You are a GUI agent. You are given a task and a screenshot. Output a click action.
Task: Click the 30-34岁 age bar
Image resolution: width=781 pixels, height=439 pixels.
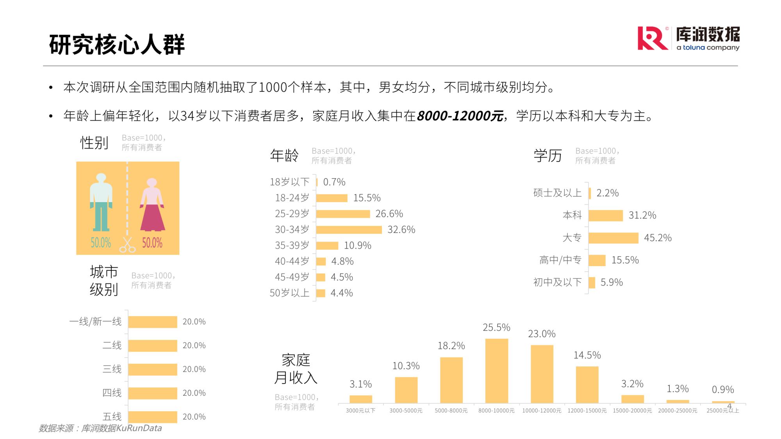349,230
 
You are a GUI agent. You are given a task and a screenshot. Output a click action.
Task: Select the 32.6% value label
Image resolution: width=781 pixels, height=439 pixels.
401,230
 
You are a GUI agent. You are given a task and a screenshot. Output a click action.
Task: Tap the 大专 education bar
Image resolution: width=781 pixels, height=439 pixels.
613,238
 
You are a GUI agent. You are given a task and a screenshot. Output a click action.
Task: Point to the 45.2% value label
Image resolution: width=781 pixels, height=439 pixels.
658,238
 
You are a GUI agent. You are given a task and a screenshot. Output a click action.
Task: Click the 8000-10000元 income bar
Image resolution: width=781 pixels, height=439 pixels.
496,371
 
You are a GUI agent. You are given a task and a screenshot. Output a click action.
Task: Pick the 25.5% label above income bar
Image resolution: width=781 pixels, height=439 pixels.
496,327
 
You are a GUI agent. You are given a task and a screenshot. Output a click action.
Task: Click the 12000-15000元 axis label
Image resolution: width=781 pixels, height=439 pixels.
587,411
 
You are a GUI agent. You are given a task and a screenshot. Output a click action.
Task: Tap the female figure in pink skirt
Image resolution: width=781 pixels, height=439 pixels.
152,205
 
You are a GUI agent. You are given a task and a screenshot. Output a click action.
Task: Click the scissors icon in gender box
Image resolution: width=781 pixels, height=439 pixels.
127,245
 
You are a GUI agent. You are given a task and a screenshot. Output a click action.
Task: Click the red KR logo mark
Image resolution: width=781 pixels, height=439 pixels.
652,38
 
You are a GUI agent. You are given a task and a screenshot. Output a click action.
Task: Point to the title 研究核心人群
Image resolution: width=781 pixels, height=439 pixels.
117,44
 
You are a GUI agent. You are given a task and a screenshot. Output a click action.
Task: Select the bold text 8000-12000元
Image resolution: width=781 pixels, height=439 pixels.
460,116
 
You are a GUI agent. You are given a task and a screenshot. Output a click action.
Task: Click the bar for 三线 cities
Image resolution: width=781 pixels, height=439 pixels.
153,369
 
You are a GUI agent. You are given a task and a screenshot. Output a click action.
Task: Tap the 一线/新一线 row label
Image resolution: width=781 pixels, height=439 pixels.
96,322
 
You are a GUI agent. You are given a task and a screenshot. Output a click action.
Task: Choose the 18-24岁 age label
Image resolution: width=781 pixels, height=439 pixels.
292,198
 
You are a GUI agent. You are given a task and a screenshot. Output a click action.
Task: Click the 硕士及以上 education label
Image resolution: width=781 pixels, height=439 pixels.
557,193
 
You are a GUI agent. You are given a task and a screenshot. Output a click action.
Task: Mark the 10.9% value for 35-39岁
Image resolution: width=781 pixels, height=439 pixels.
357,245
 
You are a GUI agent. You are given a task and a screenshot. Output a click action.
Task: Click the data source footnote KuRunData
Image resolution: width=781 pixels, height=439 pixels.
100,428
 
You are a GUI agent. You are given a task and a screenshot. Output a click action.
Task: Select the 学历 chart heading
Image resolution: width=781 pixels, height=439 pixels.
547,156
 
